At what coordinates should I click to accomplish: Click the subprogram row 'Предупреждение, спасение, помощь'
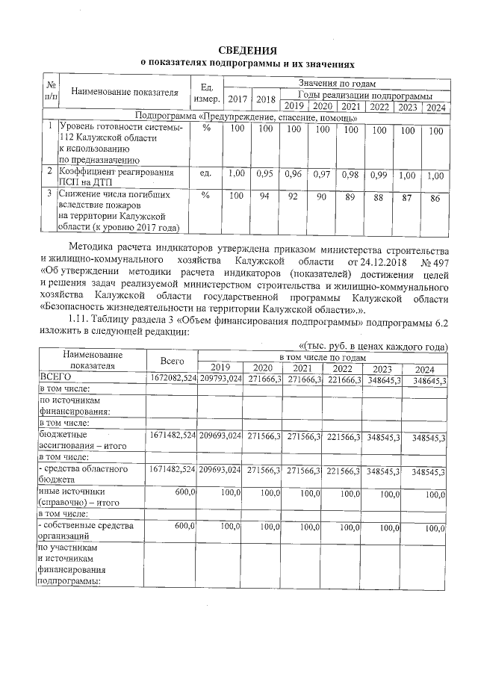(x=247, y=117)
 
